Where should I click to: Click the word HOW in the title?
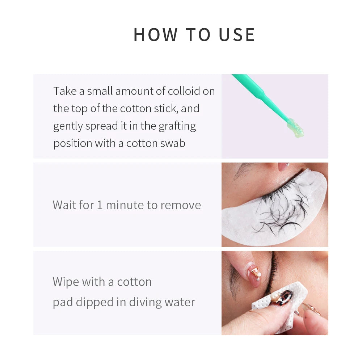click(x=155, y=35)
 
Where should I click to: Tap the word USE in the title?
click(x=237, y=35)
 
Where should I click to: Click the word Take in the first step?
click(x=65, y=91)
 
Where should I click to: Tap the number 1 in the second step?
click(x=100, y=205)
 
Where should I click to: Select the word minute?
click(x=125, y=205)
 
